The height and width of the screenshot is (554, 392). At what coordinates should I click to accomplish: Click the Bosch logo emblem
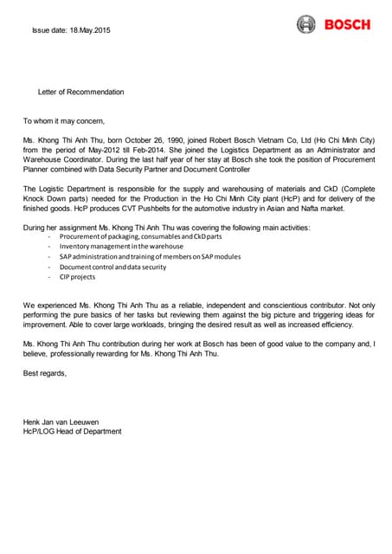tap(306, 24)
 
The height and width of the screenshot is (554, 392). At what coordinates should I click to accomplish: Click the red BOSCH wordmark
tap(347, 24)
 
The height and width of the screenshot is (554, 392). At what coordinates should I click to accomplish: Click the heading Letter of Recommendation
tap(80, 92)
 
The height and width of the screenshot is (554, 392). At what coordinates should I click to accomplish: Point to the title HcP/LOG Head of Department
tap(72, 431)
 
